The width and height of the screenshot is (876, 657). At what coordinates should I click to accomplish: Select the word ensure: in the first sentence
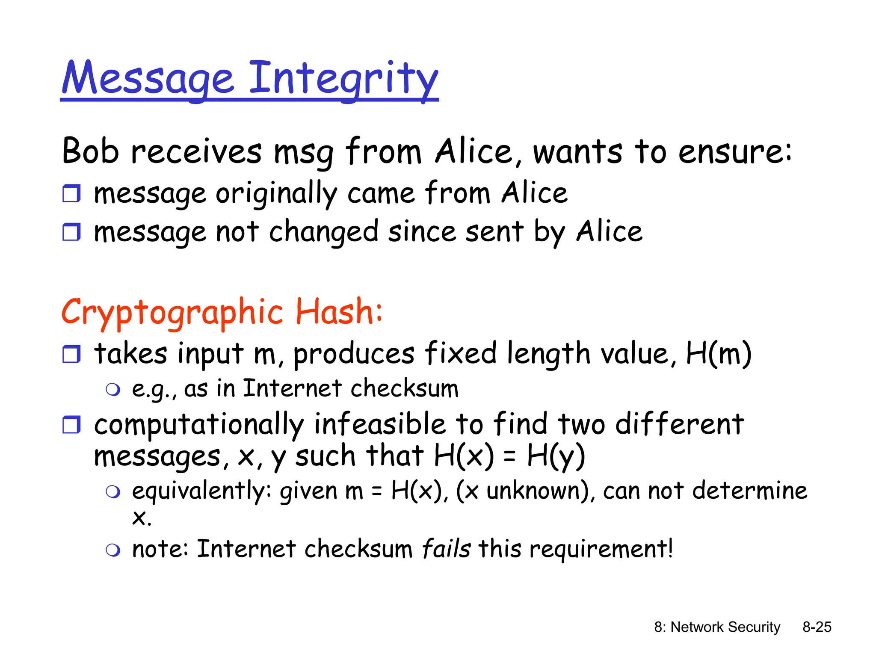735,152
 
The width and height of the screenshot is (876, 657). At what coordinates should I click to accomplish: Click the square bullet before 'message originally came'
71,193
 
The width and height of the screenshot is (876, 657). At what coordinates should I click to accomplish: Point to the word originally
276,194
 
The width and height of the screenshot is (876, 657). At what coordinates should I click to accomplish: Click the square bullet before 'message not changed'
71,232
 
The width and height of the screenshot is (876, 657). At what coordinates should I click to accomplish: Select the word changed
324,232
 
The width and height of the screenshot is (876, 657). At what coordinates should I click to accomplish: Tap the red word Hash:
339,311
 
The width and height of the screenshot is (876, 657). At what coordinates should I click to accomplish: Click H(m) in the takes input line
718,354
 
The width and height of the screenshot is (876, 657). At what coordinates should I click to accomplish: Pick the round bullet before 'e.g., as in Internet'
113,389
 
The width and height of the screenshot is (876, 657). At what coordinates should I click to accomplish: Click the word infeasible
380,424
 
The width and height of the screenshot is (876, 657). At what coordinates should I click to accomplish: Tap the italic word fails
446,549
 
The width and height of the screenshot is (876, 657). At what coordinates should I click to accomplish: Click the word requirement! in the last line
601,549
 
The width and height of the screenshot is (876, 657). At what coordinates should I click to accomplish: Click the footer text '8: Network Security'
717,627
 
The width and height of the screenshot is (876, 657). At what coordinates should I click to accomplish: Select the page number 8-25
817,627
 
